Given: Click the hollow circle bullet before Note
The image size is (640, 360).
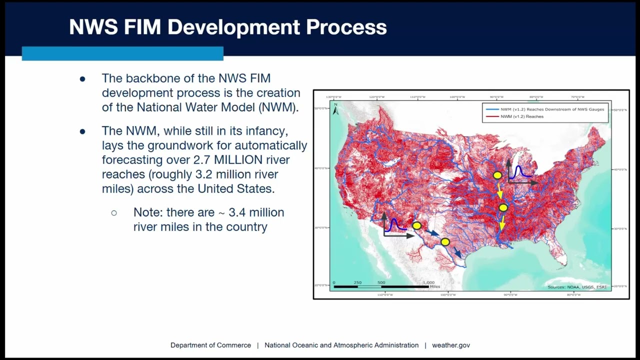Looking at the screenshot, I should [x=114, y=213].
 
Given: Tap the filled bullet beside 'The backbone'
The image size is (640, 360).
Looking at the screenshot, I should [x=82, y=79].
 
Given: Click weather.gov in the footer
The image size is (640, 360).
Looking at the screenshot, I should [x=451, y=345].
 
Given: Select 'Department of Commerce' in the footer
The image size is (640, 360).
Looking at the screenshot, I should [x=210, y=345].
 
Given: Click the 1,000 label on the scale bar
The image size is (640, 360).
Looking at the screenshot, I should [x=428, y=282].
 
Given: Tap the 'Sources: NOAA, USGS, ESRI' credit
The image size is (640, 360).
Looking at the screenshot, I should [x=576, y=287].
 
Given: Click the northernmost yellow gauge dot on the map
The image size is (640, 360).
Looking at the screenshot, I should [x=497, y=175].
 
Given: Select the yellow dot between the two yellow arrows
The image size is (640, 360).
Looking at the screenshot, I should [x=503, y=207].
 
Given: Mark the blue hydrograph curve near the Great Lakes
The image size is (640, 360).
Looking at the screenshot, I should [x=519, y=171].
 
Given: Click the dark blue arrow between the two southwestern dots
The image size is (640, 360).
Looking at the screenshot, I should [x=433, y=233].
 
